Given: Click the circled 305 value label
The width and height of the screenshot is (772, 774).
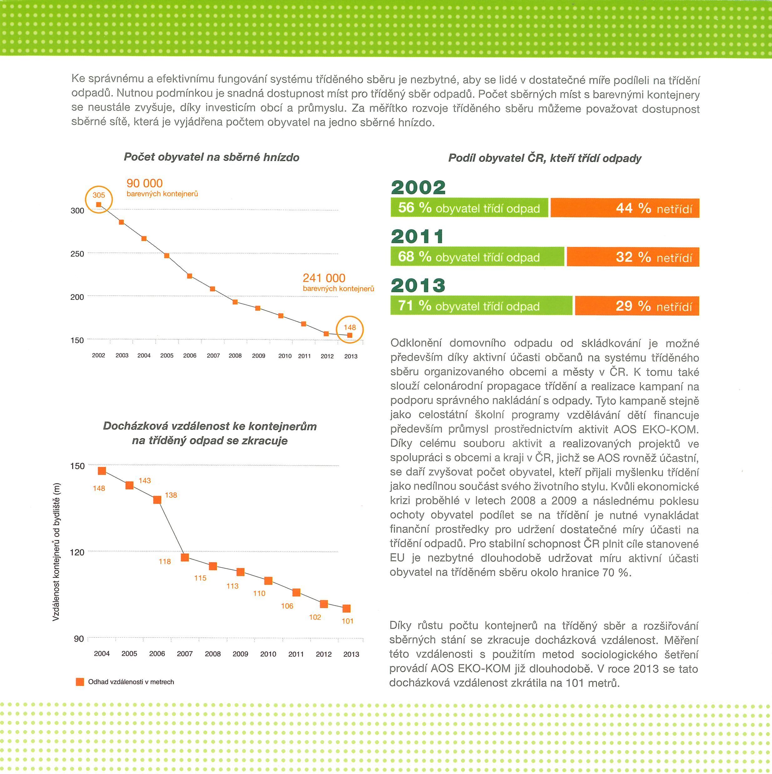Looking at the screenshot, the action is pos(99,195).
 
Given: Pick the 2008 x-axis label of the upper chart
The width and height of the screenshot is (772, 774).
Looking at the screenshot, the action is pos(235,356).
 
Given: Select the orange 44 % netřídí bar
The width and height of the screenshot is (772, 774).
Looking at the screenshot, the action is pos(625,208).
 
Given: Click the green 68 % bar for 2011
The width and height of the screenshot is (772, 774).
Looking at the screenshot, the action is pos(477,257).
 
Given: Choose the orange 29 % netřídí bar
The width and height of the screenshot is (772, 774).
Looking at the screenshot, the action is pos(637,306).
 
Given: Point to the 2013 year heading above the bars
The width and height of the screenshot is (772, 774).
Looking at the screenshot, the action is pos(418,285).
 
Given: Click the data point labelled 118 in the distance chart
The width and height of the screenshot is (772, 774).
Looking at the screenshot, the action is pos(185,557).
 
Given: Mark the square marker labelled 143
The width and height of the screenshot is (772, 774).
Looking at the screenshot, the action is pos(130,485).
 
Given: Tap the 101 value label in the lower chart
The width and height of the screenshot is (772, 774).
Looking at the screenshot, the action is pos(348,621).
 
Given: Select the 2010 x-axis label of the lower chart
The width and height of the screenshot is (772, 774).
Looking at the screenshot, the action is pos(268,654).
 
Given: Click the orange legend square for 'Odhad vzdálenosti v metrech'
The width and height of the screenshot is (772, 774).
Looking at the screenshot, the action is pos(80,681).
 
